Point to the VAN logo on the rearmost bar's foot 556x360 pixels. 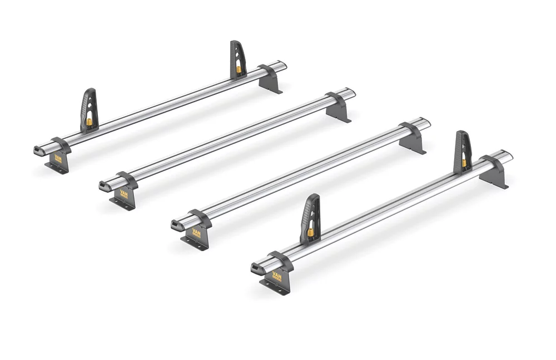(57, 159)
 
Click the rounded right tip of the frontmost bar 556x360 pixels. (508, 154)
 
